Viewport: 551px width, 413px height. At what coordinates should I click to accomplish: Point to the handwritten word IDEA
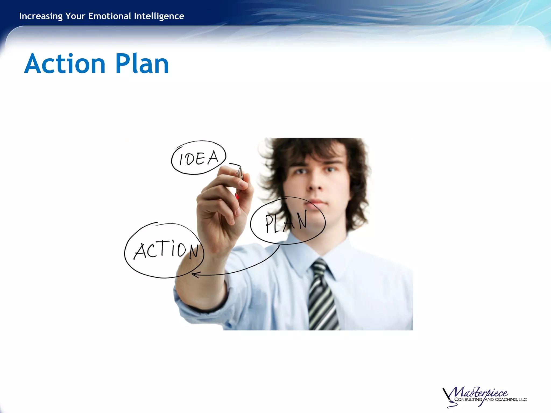pos(199,158)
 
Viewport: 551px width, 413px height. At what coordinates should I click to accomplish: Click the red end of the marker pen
pos(237,196)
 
